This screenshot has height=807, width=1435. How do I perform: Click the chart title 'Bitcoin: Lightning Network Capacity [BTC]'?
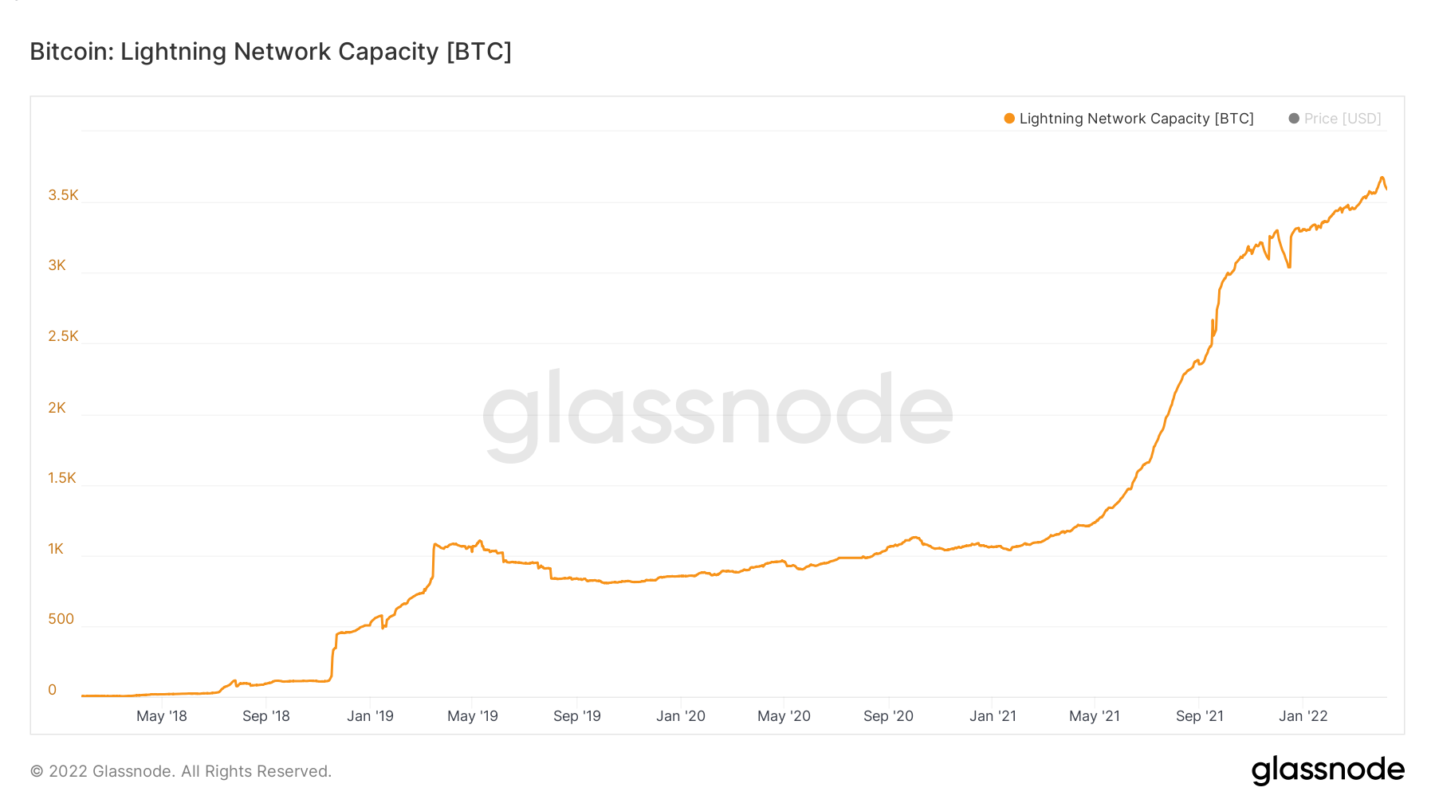270,52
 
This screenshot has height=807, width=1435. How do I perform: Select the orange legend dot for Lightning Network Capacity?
1009,119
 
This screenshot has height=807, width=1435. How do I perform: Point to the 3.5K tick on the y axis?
63,195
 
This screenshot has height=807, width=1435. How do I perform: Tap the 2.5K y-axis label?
63,336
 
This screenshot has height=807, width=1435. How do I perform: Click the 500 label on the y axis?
61,619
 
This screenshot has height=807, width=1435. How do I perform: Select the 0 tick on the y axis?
53,690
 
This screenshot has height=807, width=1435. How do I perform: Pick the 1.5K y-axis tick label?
62,478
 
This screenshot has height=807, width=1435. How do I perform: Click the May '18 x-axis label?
161,716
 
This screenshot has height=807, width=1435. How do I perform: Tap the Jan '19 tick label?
370,716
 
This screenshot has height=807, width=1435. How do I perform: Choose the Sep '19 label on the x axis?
577,716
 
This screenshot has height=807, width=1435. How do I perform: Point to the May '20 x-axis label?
784,716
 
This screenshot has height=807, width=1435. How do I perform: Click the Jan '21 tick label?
993,716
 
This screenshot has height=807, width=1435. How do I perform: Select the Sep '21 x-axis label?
1199,716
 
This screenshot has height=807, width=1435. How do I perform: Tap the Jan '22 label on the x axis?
1303,716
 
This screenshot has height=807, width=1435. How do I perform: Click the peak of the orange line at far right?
1382,178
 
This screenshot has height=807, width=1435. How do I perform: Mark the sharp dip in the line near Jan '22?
1288,267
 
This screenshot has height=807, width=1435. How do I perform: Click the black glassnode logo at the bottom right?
1327,770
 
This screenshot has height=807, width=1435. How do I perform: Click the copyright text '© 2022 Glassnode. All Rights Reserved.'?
181,771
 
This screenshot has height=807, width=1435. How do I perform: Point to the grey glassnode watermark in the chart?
717,410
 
